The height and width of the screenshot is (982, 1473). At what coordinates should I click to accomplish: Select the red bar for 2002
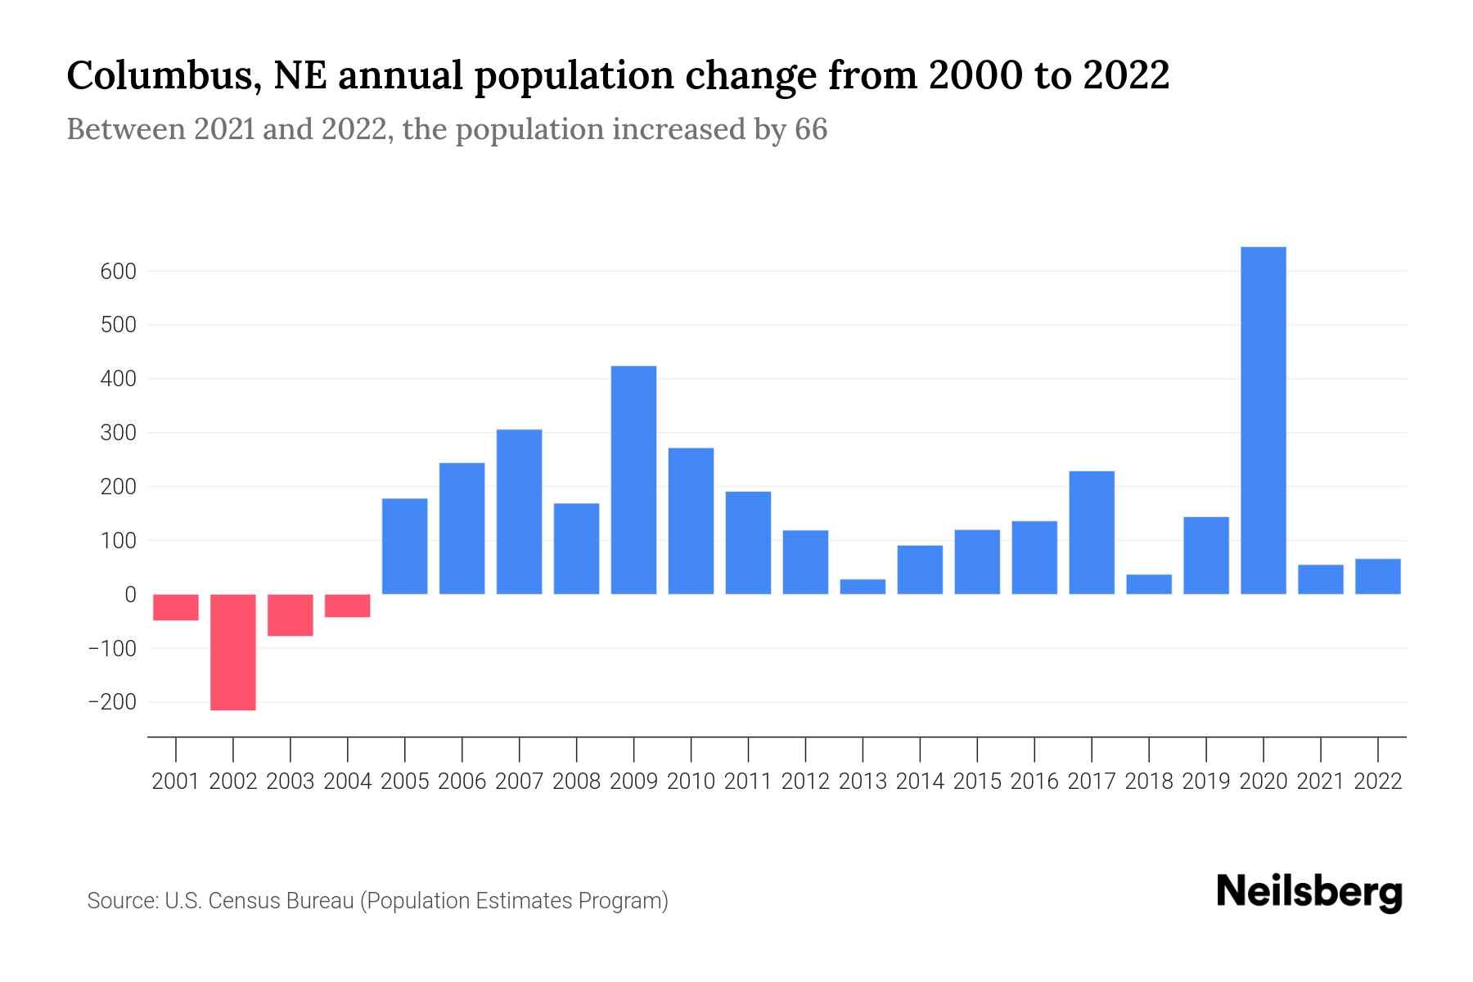point(233,651)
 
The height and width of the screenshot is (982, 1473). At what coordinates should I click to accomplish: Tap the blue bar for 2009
point(633,480)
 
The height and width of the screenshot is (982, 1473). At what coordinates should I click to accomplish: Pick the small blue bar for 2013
point(863,586)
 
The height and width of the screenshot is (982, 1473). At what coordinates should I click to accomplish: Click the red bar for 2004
point(347,606)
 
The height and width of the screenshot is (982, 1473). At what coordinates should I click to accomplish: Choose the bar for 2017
point(1091,532)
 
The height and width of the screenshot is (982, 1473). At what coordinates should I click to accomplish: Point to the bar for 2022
point(1377,576)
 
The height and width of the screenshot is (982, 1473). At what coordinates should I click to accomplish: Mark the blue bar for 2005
point(404,546)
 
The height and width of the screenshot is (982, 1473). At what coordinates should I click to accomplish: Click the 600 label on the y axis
point(118,272)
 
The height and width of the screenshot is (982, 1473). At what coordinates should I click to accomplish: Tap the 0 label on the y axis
point(130,595)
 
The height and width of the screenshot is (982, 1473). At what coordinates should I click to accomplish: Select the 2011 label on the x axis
point(748,782)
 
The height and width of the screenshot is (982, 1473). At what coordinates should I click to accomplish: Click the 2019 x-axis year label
point(1205,782)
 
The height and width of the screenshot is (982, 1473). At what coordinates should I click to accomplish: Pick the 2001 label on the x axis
point(176,782)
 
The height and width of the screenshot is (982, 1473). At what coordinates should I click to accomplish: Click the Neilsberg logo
point(1309,892)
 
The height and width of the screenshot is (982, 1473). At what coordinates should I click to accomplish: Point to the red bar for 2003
point(290,615)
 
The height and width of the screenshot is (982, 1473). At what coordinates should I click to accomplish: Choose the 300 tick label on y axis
point(118,433)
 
